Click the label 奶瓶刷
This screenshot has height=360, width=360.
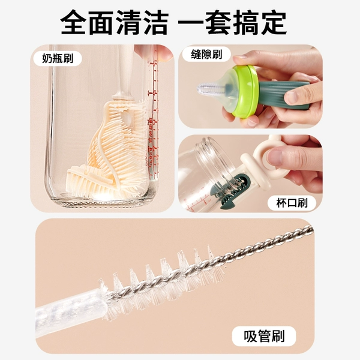[x=58, y=59]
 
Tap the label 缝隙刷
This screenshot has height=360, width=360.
[x=206, y=54]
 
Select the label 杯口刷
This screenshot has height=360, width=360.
[x=292, y=203]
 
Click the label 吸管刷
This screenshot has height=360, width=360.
[x=264, y=336]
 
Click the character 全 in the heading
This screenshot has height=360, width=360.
[x=74, y=22]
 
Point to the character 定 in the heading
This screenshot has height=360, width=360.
[x=273, y=22]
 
